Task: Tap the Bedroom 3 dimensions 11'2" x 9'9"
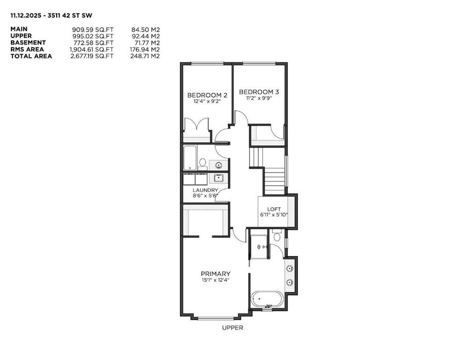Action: [256, 98]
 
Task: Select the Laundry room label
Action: [205, 190]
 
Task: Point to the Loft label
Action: [274, 209]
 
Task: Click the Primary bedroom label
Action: [215, 274]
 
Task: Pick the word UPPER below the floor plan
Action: [232, 328]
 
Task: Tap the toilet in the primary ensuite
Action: [276, 236]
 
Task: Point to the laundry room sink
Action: [218, 178]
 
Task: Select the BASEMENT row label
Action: [28, 43]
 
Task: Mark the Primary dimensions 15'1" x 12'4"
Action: [215, 280]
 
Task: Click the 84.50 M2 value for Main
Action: [145, 29]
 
